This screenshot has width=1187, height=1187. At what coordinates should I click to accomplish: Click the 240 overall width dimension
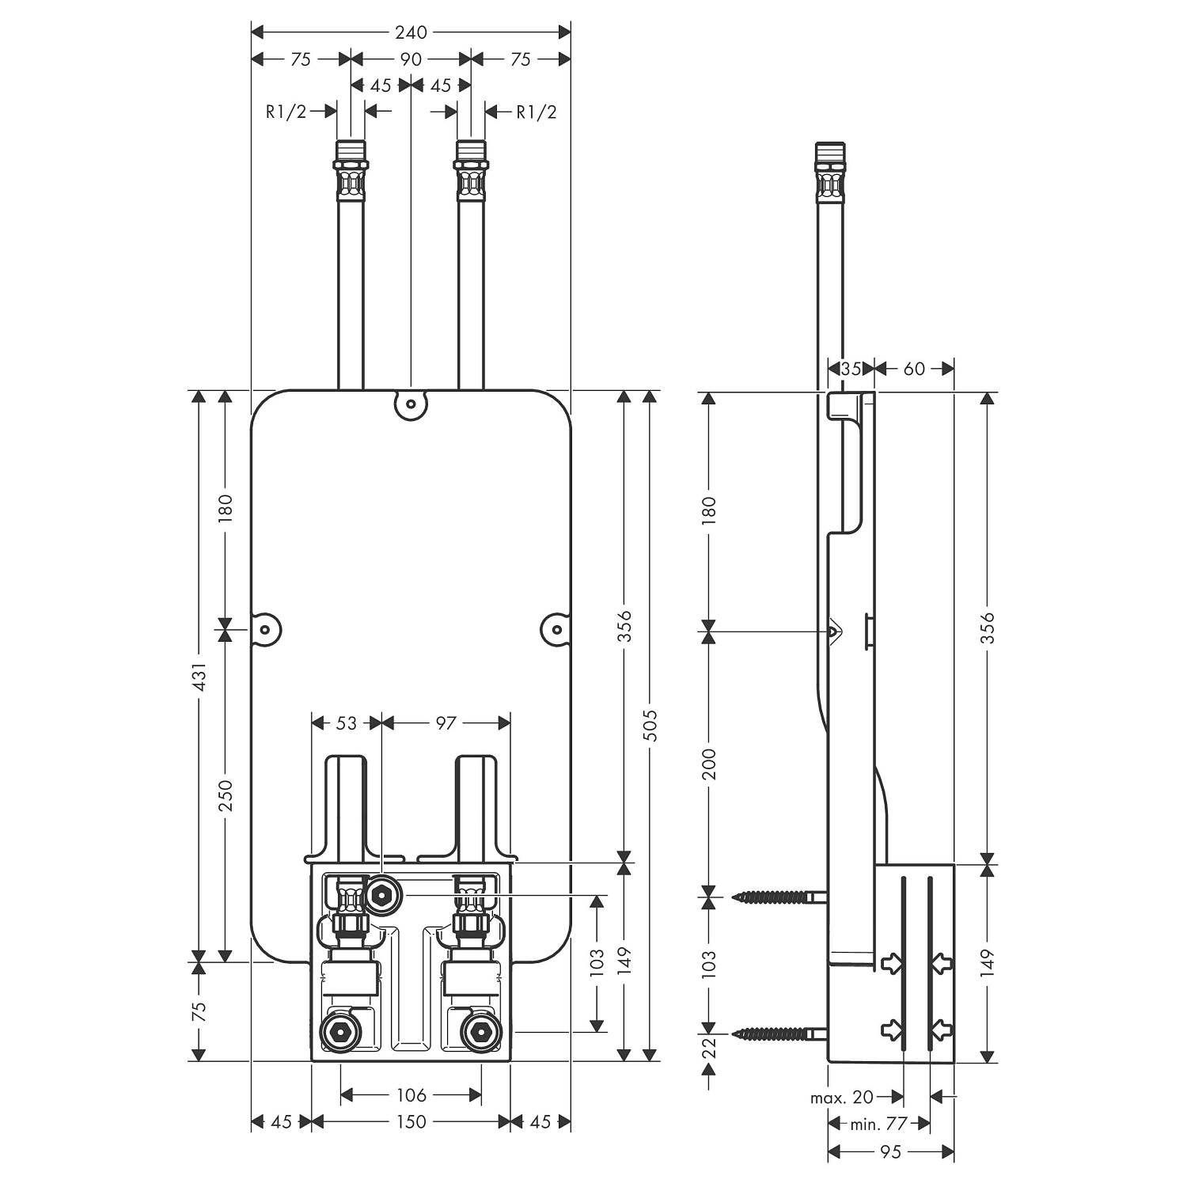(x=411, y=32)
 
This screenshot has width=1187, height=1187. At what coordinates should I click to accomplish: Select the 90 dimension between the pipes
(x=411, y=59)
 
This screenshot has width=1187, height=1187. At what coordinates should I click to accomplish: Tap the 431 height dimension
(x=199, y=677)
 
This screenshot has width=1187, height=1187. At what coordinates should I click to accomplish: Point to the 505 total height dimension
(x=650, y=725)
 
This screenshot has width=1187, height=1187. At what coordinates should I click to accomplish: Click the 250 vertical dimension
(x=226, y=794)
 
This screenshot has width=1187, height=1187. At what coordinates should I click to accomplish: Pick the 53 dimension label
(x=347, y=722)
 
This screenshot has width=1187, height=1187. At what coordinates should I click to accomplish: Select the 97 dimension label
(x=446, y=722)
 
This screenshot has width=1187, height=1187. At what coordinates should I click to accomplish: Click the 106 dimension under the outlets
(x=411, y=1095)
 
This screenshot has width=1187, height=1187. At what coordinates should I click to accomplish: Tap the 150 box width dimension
(x=411, y=1121)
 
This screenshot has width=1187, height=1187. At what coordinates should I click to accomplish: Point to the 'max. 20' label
(x=842, y=1097)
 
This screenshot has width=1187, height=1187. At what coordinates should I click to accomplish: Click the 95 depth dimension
(x=890, y=1151)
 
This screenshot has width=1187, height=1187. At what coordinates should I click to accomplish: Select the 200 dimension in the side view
(x=709, y=764)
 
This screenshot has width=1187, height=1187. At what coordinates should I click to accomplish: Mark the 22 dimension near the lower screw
(x=709, y=1048)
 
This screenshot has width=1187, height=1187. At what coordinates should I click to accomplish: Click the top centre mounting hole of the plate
(x=411, y=405)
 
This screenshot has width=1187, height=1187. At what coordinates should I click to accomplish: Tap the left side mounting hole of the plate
(x=266, y=630)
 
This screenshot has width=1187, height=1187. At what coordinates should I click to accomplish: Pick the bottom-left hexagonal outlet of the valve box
(x=340, y=1032)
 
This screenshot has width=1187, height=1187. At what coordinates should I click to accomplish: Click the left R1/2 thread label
(x=286, y=112)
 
